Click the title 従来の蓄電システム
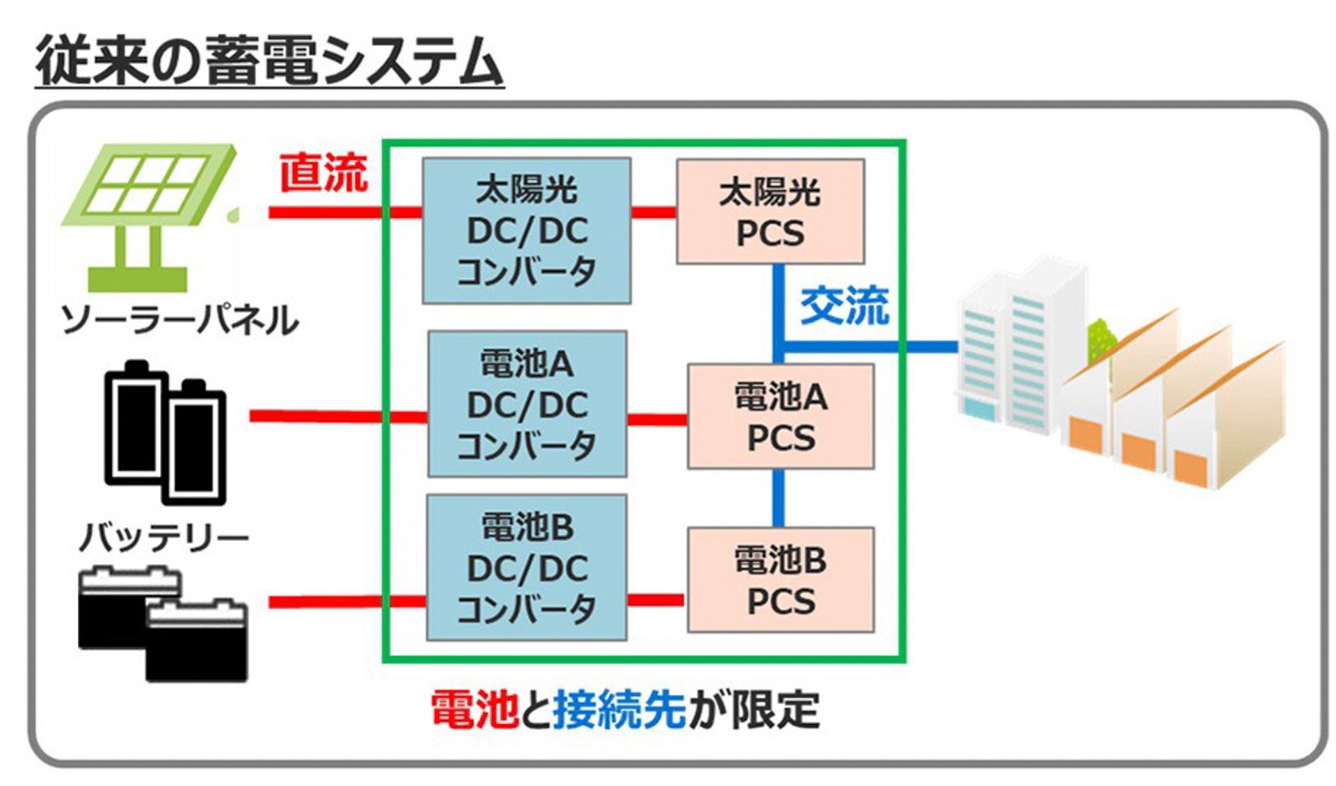point(269,61)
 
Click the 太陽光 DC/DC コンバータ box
point(527,230)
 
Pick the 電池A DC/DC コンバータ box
point(527,403)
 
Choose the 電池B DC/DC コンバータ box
point(527,568)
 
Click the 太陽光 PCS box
point(770,211)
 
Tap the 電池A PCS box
point(781,416)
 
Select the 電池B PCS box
point(781,579)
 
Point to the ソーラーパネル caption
point(180,321)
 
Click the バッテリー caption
point(164,537)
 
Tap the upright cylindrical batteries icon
point(166,431)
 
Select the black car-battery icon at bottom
point(163,623)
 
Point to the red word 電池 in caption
point(474,709)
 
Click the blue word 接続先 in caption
point(619,709)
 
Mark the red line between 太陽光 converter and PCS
point(653,211)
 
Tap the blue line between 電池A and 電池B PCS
point(779,497)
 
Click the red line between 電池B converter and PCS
point(655,600)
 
